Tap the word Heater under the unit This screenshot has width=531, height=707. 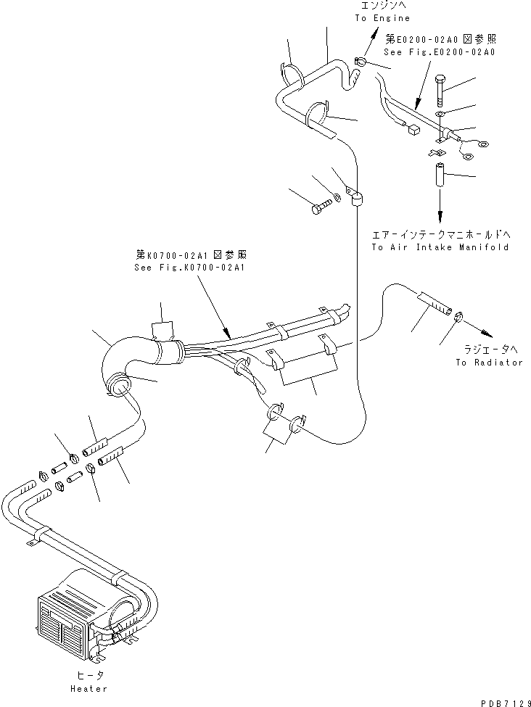tap(89, 688)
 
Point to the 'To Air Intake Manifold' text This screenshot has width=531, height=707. tap(440, 247)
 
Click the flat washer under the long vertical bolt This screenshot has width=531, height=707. tap(440, 115)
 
